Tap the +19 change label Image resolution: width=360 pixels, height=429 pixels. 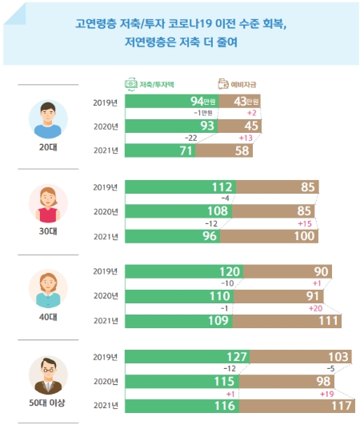point(327,394)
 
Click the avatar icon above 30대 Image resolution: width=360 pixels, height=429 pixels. point(48,203)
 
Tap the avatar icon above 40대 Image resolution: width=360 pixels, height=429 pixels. point(48,289)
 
